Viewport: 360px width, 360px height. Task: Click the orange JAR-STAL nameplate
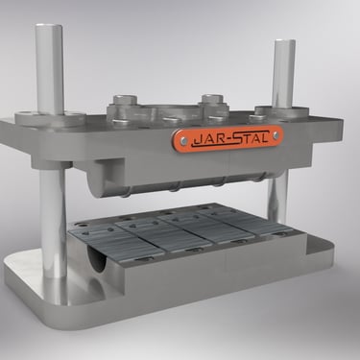[x=228, y=138]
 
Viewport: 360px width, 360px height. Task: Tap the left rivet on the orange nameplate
[x=183, y=140]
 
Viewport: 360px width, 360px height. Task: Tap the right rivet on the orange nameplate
[x=276, y=136]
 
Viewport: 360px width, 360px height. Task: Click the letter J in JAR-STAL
[x=197, y=141]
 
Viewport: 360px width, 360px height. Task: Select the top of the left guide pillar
[x=49, y=27]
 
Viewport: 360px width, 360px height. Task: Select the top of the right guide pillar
[x=284, y=42]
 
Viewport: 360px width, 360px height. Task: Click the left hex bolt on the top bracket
[x=126, y=100]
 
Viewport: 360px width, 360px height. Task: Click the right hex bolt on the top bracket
[x=212, y=99]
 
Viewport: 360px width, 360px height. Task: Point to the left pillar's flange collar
[x=50, y=117]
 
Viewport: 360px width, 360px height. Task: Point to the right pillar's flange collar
[x=282, y=110]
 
